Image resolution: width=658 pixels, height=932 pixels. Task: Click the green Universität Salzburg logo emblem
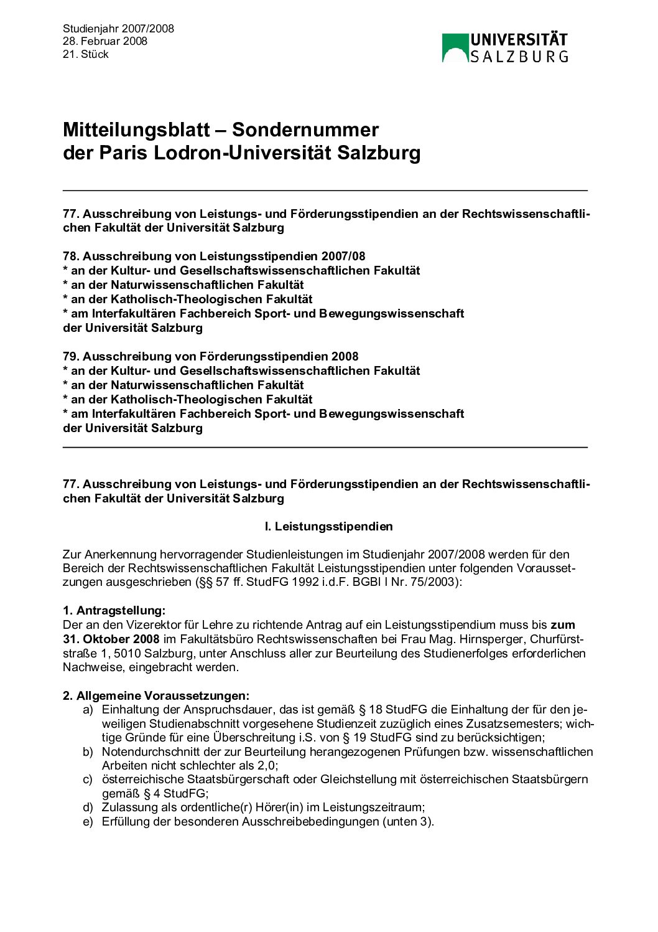455,48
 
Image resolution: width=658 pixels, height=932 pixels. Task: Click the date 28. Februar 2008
105,41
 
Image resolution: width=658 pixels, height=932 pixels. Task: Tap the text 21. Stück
85,54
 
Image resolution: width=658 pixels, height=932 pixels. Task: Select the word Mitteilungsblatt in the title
136,129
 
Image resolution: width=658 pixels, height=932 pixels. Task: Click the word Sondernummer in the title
305,129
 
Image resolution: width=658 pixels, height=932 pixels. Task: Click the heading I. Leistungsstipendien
328,526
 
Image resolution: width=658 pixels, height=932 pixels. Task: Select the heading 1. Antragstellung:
114,610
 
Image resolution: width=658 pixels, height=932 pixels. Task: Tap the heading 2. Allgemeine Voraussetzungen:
155,695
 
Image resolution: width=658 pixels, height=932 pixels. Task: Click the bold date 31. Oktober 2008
111,639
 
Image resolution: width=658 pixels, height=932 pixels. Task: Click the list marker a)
88,709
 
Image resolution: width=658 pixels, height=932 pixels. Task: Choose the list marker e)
88,821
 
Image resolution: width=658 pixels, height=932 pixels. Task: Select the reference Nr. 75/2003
426,582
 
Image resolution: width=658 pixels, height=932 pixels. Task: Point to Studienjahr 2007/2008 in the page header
118,29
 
